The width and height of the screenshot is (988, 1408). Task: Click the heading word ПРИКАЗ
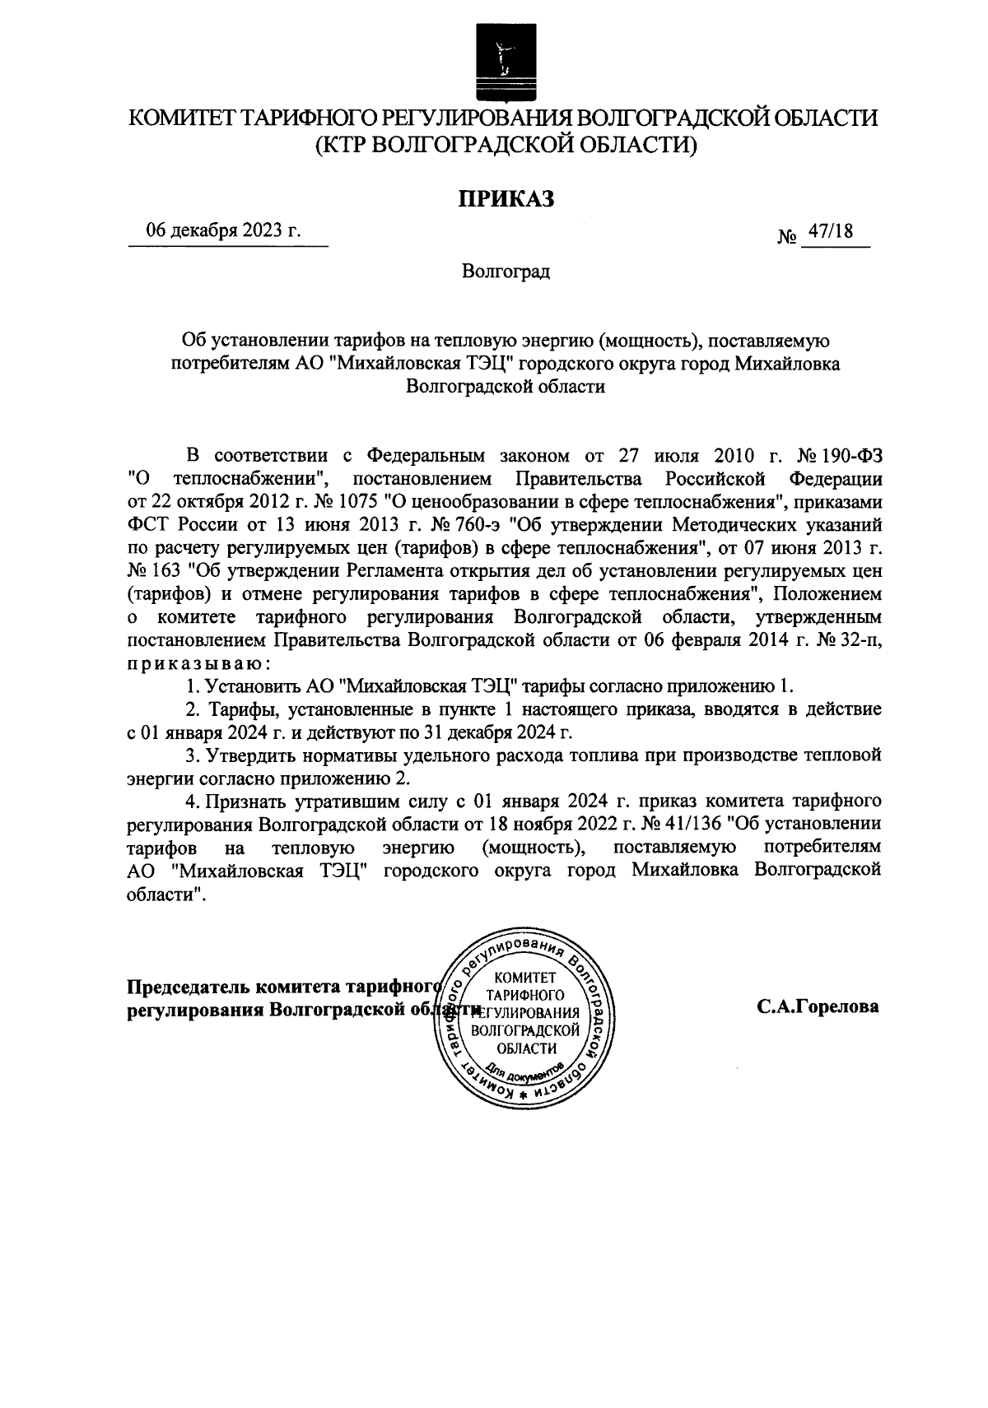501,197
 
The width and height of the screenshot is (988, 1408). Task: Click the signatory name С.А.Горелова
818,1006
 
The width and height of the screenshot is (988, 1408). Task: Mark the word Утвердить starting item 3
244,755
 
